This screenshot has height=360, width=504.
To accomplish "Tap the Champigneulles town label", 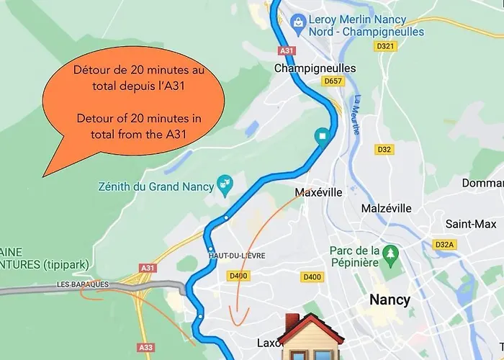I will (315, 68).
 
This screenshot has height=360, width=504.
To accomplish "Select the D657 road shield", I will (333, 81).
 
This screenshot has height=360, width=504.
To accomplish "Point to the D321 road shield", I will (387, 46).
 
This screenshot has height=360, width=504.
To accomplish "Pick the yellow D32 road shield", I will (384, 149).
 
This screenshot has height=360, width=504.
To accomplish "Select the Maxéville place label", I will (318, 193).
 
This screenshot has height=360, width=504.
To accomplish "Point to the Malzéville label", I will (386, 208).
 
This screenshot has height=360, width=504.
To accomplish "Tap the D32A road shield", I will (445, 245).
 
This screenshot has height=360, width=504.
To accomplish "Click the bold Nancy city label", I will (390, 300).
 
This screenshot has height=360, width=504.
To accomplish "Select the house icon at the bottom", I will (303, 337).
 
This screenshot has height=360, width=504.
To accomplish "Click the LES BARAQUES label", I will (83, 284).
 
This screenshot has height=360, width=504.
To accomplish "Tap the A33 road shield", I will (145, 347).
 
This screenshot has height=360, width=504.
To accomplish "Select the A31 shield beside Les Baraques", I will (148, 269).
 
